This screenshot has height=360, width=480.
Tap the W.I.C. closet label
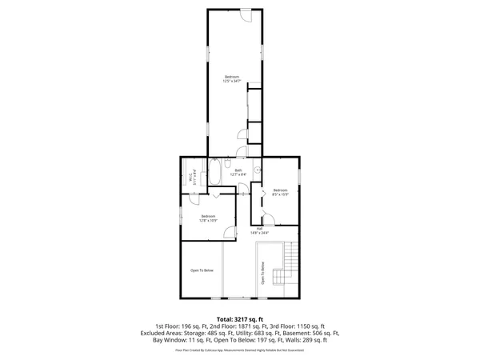click(191, 178)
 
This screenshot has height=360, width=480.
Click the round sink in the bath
click(258, 170)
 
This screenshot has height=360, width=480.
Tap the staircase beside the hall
click(290, 261)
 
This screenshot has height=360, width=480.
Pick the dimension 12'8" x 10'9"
click(208, 220)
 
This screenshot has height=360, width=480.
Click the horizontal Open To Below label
click(202, 270)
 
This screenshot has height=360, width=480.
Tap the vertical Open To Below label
click(262, 274)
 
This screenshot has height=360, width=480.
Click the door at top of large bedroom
click(247, 15)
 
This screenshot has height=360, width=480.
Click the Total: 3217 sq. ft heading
click(240, 319)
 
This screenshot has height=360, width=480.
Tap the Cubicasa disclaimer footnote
click(240, 350)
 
